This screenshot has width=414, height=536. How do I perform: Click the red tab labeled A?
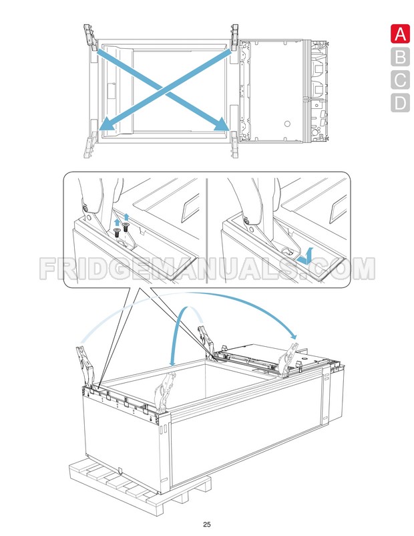point(399,35)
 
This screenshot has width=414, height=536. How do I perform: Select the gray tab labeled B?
point(399,57)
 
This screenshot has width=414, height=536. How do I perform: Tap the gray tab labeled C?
point(399,80)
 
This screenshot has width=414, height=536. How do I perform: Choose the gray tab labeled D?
point(399,103)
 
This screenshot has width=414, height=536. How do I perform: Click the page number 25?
point(207,523)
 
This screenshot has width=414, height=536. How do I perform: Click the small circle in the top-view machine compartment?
point(287,124)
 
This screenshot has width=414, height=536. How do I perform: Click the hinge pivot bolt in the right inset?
point(246,221)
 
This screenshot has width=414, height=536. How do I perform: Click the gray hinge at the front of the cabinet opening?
point(164,391)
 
